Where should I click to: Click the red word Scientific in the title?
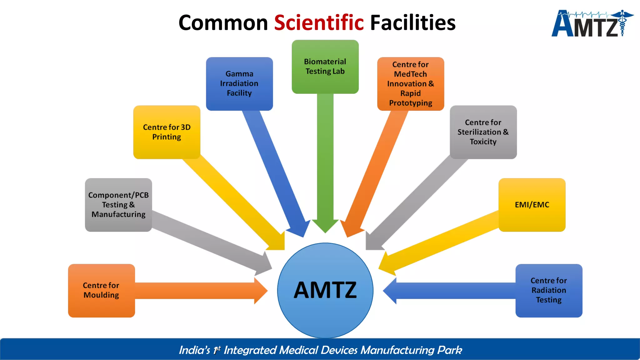(319, 23)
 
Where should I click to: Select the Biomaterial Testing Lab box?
(325, 67)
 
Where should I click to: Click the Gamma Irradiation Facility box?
(239, 84)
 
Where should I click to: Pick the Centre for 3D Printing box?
(167, 132)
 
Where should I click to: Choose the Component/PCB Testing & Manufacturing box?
(118, 205)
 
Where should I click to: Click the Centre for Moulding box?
(101, 291)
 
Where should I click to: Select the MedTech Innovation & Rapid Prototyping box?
(411, 84)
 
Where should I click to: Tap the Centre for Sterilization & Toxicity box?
(483, 132)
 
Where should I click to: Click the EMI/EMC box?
(532, 205)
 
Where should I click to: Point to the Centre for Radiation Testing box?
(549, 291)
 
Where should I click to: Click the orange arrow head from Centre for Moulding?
(261, 291)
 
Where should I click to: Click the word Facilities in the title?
(412, 23)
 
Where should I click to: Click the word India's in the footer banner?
(194, 350)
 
